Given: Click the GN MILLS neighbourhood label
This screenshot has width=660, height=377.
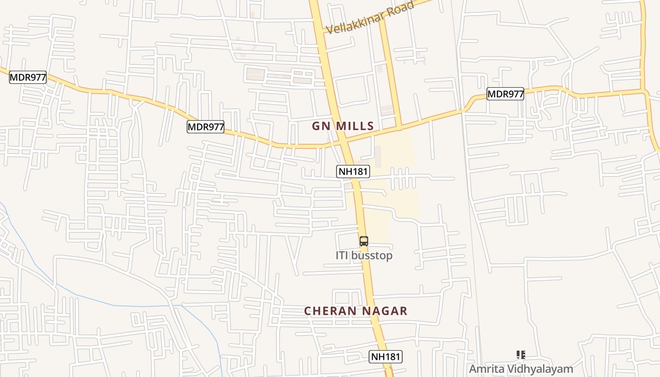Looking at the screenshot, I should [343, 126].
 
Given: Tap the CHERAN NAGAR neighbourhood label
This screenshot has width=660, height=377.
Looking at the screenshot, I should [355, 311].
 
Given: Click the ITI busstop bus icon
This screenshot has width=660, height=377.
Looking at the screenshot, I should [363, 242].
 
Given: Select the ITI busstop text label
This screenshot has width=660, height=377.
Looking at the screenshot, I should [363, 255].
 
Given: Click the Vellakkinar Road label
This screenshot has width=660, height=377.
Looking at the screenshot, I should [371, 18].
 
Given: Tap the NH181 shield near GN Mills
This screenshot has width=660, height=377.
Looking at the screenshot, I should [353, 172].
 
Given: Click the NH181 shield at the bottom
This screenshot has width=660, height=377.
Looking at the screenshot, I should [386, 357].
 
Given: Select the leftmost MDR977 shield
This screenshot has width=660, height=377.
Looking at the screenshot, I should [28, 77].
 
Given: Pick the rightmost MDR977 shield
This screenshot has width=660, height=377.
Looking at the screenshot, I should [505, 94].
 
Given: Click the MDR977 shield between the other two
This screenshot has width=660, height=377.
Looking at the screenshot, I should [206, 127].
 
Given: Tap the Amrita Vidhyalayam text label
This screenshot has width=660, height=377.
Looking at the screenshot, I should [520, 369].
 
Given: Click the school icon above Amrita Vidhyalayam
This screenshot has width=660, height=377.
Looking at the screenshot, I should [520, 354].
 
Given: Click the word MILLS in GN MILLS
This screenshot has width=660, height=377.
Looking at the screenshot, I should [355, 126].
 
